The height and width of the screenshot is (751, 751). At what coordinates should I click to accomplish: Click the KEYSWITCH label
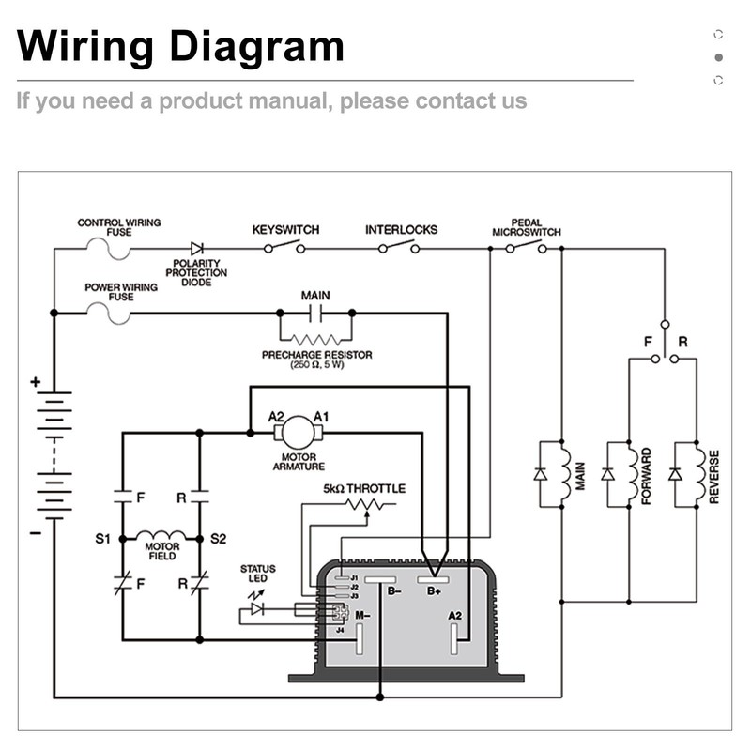[285, 230]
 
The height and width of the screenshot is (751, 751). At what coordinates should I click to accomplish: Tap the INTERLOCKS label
[401, 230]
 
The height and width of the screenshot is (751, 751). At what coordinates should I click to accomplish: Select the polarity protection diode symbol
[197, 249]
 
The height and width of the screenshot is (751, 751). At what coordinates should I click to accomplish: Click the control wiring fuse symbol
[109, 249]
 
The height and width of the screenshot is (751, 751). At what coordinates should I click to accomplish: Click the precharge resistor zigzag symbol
[315, 339]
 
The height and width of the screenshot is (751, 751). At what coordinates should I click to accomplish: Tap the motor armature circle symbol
[299, 433]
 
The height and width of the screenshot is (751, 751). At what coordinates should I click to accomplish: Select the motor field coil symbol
[161, 538]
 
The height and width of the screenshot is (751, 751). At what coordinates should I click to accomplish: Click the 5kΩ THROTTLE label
[365, 489]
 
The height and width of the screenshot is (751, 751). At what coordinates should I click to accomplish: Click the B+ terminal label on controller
[435, 591]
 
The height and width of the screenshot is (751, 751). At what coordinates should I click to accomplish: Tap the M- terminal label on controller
[361, 615]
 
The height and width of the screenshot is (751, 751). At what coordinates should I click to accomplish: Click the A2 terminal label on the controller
[455, 616]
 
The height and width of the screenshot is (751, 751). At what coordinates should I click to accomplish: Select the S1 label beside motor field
[103, 539]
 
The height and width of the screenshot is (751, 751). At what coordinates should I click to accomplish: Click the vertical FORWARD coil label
[647, 476]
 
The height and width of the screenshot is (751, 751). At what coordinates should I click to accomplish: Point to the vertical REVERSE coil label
[714, 476]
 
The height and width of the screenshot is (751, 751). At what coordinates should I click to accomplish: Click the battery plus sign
[35, 382]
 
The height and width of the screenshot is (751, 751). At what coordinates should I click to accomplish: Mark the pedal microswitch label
[527, 227]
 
